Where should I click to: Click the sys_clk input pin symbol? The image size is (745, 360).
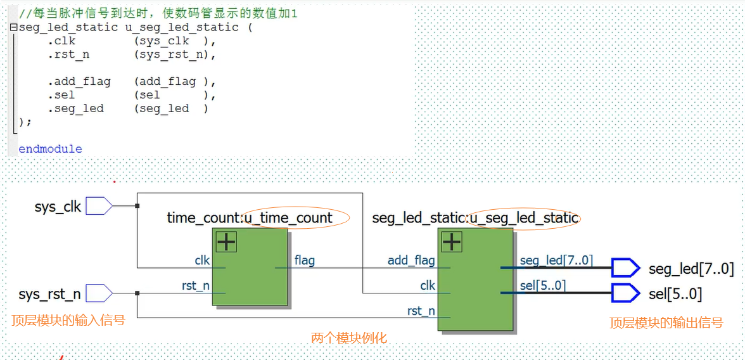99,206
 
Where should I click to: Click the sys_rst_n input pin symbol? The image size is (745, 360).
99,293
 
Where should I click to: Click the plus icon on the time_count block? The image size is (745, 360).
226,241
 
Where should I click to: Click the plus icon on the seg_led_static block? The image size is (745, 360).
451,241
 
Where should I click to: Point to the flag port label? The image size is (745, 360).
304,260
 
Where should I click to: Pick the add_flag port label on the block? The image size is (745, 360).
411,260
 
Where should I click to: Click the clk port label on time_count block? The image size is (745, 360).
202,260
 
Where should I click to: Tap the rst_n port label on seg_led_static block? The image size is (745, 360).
421,311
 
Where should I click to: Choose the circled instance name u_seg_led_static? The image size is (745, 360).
523,218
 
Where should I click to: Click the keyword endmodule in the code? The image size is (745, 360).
50,149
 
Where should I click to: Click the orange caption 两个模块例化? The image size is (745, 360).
348,338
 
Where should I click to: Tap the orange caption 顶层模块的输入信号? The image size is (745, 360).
68,320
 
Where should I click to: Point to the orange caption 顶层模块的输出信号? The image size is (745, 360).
666,323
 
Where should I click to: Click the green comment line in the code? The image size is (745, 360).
158,13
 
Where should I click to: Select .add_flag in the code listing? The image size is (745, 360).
79,82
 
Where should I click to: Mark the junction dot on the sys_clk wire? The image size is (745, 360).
137,206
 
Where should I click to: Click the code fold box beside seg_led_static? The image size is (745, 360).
13,28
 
